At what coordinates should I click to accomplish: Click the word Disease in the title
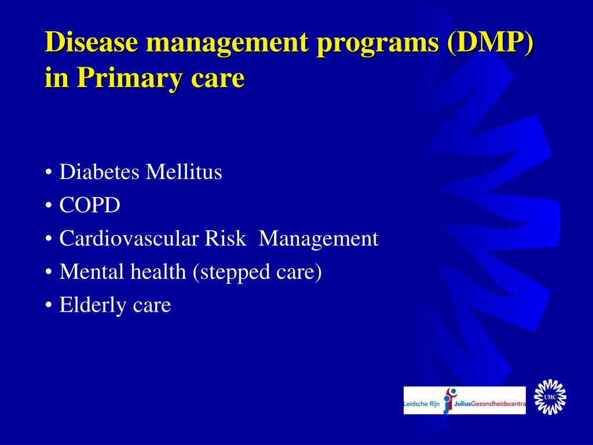coord(91,43)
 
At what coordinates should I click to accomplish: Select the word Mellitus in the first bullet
coord(184,172)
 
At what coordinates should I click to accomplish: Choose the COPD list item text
coord(90,205)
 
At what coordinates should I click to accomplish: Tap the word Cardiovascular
coord(129,238)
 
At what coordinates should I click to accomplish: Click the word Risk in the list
coord(225,238)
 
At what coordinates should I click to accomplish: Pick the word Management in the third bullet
coord(319,238)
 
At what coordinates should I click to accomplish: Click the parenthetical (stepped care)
coord(257,272)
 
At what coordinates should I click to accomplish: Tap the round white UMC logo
coord(550,397)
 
